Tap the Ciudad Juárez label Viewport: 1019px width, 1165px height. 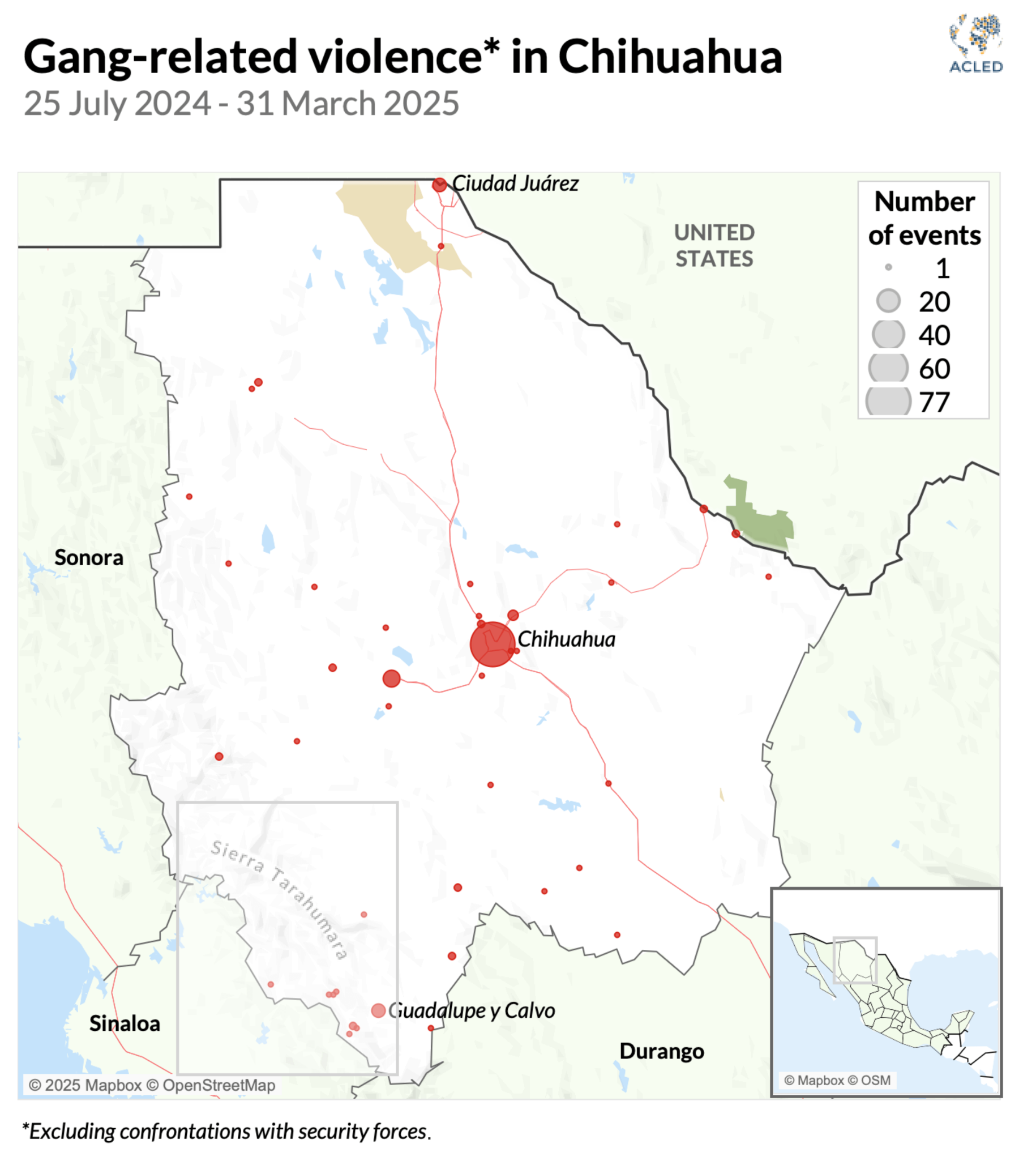pyautogui.click(x=515, y=184)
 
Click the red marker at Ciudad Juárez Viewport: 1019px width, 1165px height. pyautogui.click(x=439, y=185)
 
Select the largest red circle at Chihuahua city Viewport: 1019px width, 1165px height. pyautogui.click(x=493, y=644)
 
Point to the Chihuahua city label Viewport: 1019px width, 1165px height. pyautogui.click(x=566, y=639)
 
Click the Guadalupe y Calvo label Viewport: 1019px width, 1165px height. pyautogui.click(x=472, y=1010)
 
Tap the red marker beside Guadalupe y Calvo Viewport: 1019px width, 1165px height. pyautogui.click(x=378, y=1010)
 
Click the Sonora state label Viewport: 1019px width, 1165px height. pyautogui.click(x=89, y=557)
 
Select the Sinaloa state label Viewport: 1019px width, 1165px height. pyautogui.click(x=125, y=1023)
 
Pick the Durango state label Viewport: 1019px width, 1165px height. pyautogui.click(x=662, y=1051)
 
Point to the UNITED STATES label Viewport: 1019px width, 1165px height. pyautogui.click(x=714, y=245)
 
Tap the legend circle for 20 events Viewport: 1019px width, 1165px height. pyautogui.click(x=888, y=301)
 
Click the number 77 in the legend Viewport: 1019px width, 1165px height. pyautogui.click(x=934, y=402)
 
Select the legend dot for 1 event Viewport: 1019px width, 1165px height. pyautogui.click(x=888, y=267)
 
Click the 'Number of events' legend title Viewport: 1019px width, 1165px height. pyautogui.click(x=924, y=219)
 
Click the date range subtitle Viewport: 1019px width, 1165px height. pyautogui.click(x=241, y=104)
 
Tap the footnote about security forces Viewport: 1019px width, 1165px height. pyautogui.click(x=226, y=1132)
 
